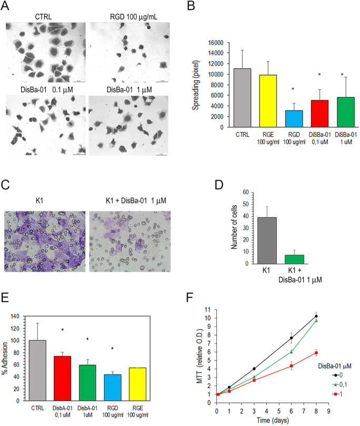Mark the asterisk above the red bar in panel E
(62, 330)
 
